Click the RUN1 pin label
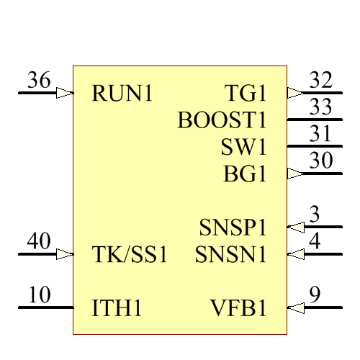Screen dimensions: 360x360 [x=122, y=94]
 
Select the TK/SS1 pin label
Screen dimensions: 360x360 [x=130, y=255]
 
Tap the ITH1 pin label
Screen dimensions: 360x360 [x=117, y=309]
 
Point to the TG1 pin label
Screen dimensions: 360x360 [x=246, y=94]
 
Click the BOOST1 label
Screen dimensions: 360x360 [x=222, y=120]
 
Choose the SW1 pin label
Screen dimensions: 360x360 [x=244, y=147]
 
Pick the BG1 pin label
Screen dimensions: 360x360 [x=246, y=174]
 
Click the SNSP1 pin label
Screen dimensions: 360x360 [x=233, y=228]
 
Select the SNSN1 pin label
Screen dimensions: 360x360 [x=231, y=255]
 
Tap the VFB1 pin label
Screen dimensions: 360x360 [x=239, y=309]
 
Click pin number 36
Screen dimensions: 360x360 [x=39, y=81]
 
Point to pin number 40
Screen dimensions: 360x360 [x=39, y=241]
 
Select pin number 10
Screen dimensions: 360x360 [x=40, y=295]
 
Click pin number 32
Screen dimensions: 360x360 [x=320, y=81]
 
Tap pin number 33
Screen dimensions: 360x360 [x=320, y=107]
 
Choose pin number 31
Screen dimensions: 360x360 [x=320, y=134]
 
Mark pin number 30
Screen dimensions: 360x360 [x=320, y=161]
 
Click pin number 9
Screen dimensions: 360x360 [x=315, y=295]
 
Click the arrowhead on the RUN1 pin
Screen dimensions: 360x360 [x=65, y=93]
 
